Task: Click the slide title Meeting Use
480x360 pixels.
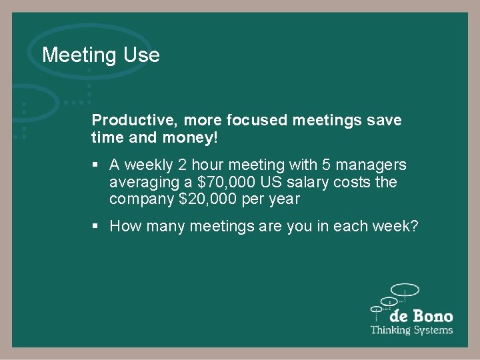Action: point(101,55)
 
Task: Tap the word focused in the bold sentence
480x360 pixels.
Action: point(257,121)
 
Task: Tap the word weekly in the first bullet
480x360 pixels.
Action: point(148,165)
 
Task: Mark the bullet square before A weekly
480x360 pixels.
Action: point(97,165)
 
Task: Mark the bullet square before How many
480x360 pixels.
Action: point(97,227)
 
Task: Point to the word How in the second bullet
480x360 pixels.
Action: point(123,227)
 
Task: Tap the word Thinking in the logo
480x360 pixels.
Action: point(391,330)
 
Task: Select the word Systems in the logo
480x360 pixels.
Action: point(433,330)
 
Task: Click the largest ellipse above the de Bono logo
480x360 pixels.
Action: point(405,290)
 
